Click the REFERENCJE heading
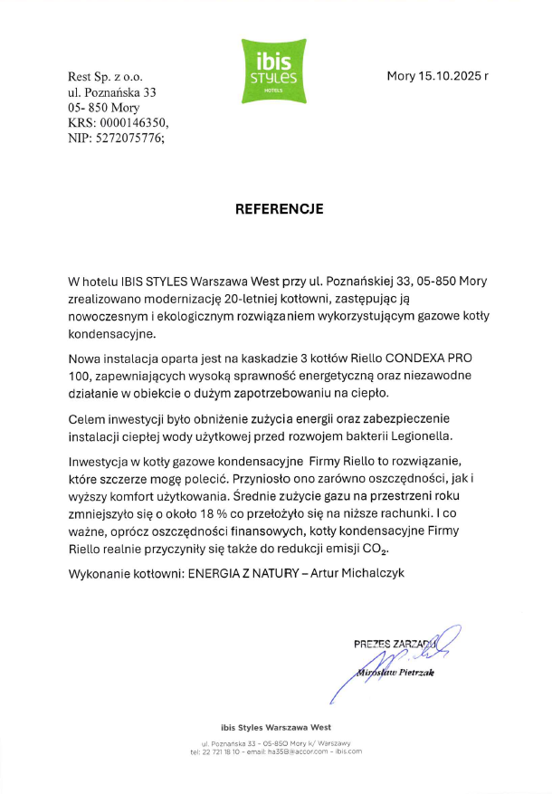coord(279,208)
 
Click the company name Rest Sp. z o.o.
coord(106,76)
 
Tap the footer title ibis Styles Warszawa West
coord(275,727)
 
